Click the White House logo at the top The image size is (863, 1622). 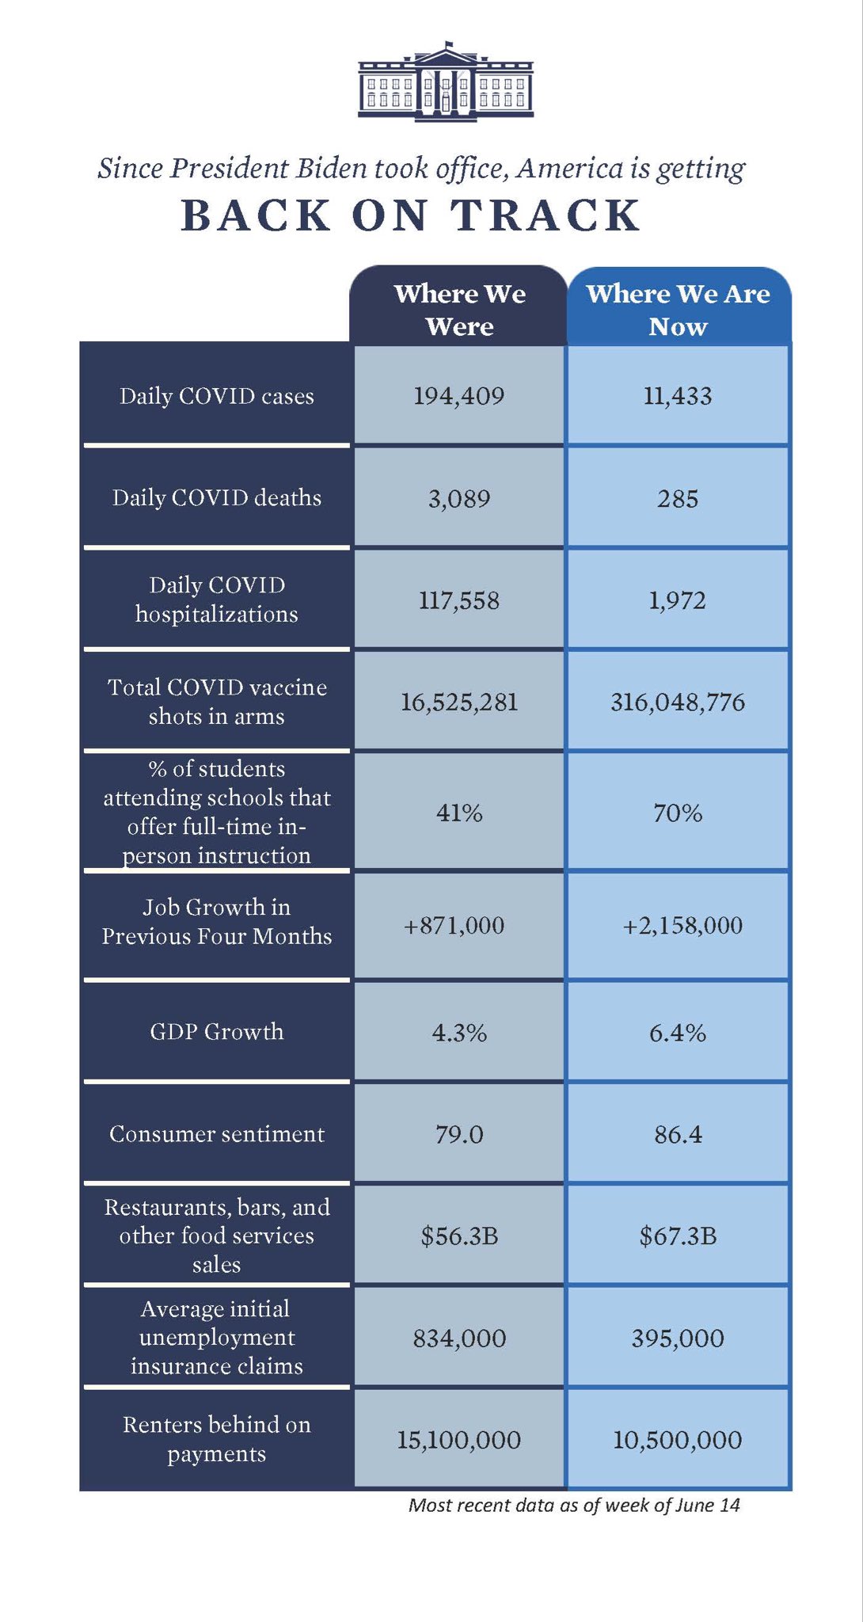tap(446, 82)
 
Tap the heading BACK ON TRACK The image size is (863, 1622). tap(411, 215)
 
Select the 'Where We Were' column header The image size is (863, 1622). tap(459, 310)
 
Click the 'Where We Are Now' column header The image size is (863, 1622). tap(678, 310)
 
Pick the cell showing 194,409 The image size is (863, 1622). tap(459, 396)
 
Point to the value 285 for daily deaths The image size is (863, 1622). tap(678, 499)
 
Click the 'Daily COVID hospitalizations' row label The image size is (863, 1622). tap(216, 600)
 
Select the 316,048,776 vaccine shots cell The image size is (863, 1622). tap(678, 702)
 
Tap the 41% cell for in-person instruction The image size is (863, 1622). tap(459, 813)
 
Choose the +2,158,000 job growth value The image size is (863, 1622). tap(682, 926)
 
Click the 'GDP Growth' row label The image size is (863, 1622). tap(216, 1032)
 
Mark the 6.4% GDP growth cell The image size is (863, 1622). tap(678, 1033)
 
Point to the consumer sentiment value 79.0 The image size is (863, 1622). tap(459, 1135)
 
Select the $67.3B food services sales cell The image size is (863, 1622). tap(678, 1236)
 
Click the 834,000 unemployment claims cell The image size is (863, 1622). tap(459, 1338)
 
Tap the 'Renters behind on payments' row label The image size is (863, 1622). tap(216, 1439)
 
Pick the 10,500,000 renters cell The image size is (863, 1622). tap(678, 1440)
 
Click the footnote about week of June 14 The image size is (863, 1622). tap(574, 1506)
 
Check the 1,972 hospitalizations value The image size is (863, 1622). tap(678, 600)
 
